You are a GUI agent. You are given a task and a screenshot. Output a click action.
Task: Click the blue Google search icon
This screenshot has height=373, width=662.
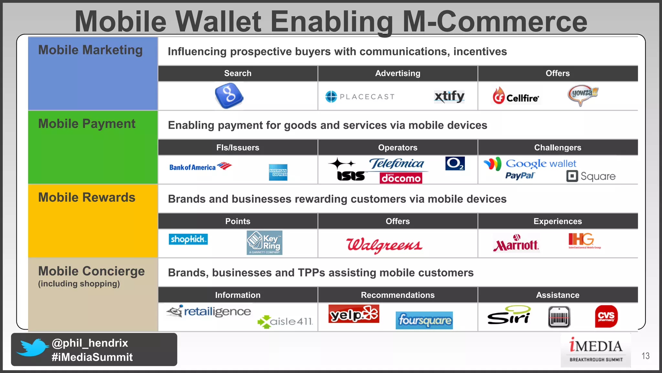[x=229, y=96]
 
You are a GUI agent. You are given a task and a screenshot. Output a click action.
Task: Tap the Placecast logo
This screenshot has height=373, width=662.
[x=360, y=96]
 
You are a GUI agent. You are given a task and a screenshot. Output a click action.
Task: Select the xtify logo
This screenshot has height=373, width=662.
[x=449, y=96]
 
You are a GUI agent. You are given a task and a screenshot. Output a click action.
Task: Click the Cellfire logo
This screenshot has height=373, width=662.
[x=516, y=96]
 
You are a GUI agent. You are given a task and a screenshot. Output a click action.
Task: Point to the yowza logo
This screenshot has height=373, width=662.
[x=582, y=95]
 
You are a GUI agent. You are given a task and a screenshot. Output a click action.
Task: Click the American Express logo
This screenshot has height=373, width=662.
[x=278, y=172]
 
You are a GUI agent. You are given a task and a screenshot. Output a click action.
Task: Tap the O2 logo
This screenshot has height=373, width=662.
[x=455, y=164]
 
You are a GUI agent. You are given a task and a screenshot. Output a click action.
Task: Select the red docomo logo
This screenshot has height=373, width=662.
[x=401, y=178]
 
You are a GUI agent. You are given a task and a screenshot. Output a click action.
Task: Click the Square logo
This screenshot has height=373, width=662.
[x=591, y=176]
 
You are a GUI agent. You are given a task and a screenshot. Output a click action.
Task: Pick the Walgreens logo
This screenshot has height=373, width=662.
[x=384, y=245]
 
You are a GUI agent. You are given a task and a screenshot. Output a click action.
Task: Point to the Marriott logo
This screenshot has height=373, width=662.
[x=516, y=243]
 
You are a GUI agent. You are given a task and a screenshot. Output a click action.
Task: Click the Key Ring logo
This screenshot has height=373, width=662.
[x=264, y=243]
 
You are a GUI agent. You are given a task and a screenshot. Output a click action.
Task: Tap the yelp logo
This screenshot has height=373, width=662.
[x=354, y=314]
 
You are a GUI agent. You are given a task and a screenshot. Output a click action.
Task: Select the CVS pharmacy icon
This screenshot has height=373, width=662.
[x=606, y=316]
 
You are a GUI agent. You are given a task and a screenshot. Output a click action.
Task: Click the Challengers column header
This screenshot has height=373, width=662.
[x=558, y=148]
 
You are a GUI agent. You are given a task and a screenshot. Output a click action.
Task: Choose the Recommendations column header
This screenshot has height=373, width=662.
[x=398, y=295]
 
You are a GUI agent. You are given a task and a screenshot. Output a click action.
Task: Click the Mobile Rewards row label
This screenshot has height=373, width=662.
[x=87, y=198]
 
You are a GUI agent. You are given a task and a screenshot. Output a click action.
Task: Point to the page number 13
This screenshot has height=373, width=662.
[x=645, y=356]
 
